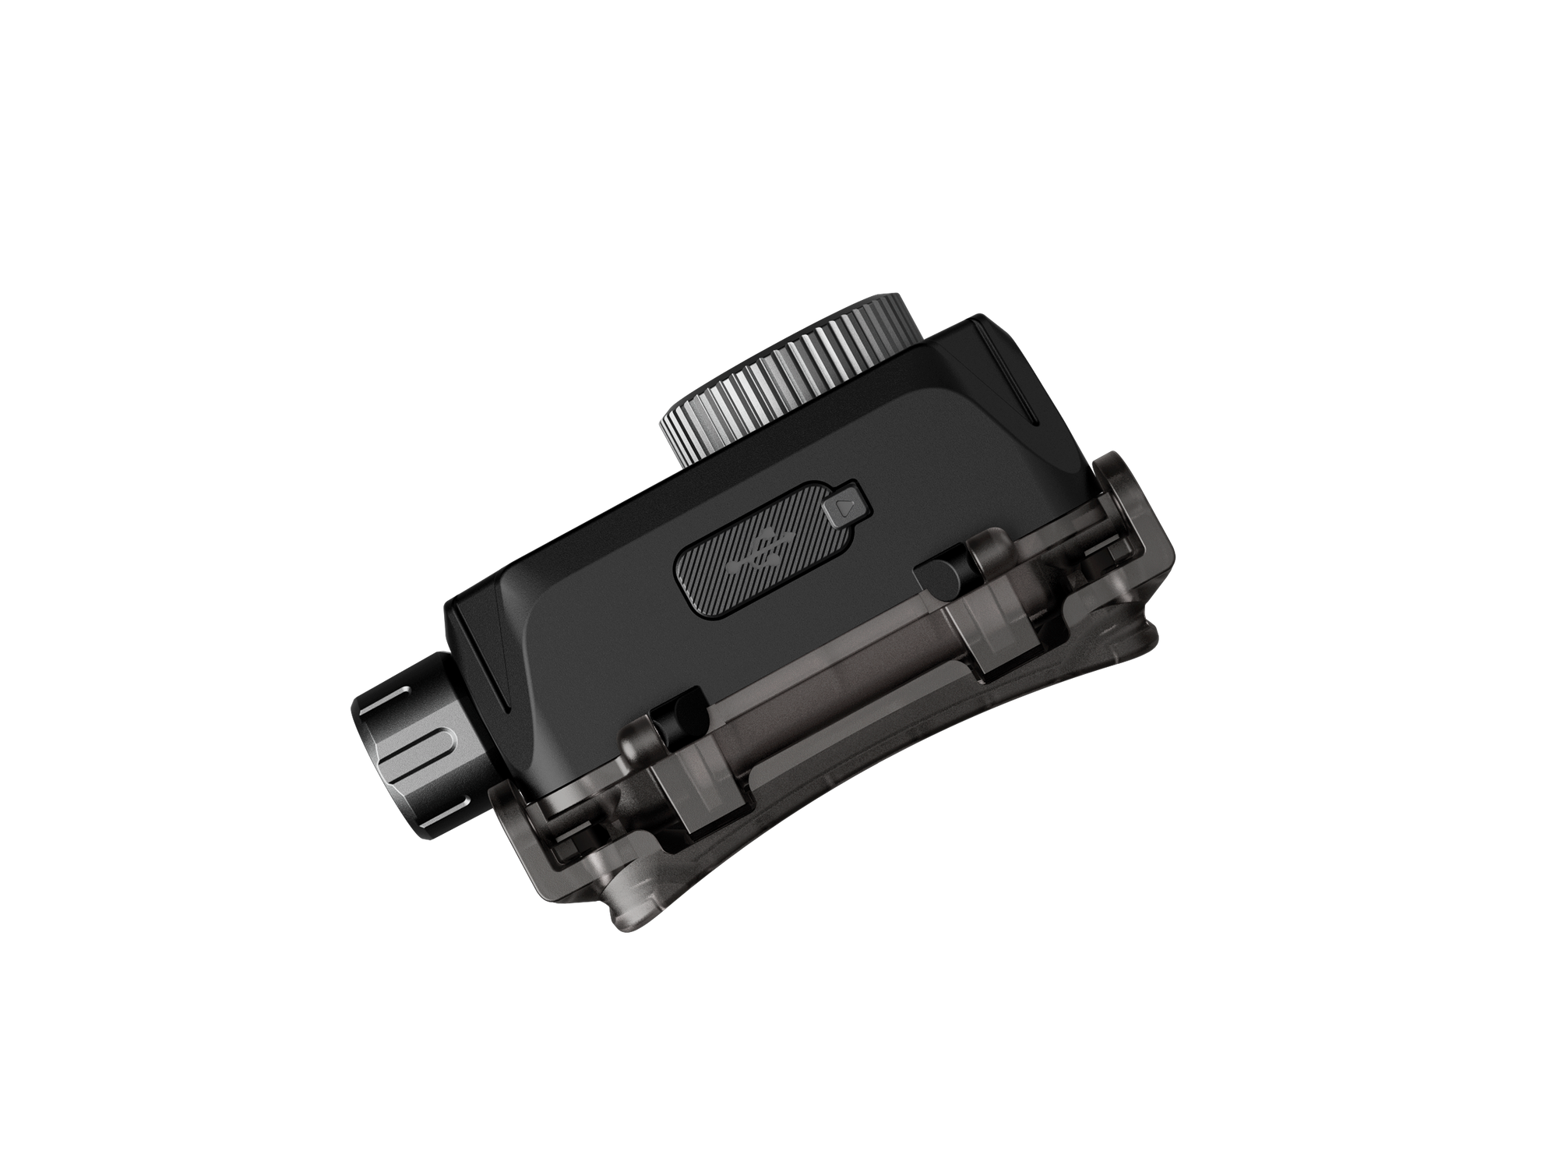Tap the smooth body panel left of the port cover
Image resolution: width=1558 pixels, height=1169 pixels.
(x=592, y=623)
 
